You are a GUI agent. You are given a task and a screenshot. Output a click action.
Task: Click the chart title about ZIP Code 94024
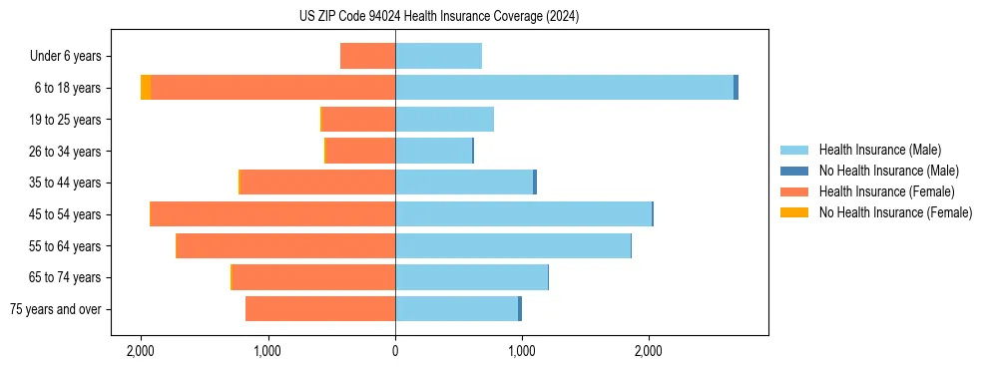click(x=438, y=17)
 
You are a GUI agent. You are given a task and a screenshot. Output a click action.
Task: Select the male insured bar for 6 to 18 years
click(x=564, y=88)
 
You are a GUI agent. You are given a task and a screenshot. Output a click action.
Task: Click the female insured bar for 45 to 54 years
click(x=272, y=214)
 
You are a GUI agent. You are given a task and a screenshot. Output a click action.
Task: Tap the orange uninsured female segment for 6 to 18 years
click(x=146, y=88)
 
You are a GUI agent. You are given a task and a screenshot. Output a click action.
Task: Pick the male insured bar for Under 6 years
click(x=438, y=56)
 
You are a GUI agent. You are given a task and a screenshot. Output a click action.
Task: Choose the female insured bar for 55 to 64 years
click(x=285, y=246)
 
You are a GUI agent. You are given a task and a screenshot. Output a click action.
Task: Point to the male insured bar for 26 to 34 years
click(x=433, y=151)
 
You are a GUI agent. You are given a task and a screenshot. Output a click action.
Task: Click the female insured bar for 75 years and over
click(x=320, y=309)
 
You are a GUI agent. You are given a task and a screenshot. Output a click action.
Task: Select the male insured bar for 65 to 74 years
click(x=471, y=277)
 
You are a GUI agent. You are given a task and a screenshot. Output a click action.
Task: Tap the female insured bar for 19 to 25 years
click(x=358, y=120)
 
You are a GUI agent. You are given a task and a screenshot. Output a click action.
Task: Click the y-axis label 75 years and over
click(x=55, y=309)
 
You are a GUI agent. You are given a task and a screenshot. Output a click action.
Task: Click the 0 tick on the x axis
click(x=395, y=351)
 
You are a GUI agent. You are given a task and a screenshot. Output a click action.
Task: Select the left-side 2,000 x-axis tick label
click(x=141, y=351)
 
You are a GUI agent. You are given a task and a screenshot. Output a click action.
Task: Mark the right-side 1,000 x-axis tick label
click(x=522, y=351)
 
